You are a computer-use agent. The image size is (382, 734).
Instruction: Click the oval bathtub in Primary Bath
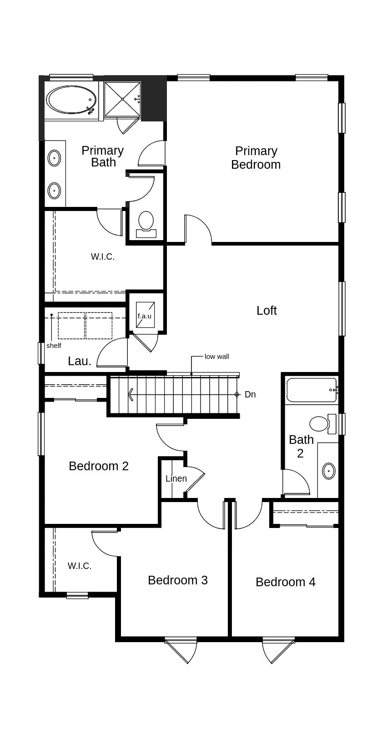point(72,100)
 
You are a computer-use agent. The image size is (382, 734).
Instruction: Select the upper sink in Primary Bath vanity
point(55,159)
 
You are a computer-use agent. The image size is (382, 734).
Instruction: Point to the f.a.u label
point(145,316)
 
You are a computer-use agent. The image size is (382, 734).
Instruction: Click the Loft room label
point(266,311)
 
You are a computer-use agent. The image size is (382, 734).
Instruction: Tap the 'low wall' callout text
point(217,357)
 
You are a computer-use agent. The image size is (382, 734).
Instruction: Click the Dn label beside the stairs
point(250,395)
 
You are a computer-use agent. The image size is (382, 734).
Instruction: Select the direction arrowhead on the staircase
point(131,394)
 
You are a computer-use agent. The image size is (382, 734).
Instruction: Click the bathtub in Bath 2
point(311,390)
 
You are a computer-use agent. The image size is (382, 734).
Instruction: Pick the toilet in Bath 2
point(320,424)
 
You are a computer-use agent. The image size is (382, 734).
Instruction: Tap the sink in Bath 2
point(329,471)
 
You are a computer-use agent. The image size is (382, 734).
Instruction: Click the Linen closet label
point(176,478)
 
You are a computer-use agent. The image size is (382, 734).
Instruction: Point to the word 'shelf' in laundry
point(54,346)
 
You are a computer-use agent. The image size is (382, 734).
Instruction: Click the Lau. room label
point(80,361)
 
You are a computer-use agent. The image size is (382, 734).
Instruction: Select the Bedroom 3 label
point(178,580)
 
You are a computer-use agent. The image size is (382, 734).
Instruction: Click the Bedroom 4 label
point(286,582)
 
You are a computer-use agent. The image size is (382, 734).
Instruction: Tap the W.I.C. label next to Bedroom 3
point(80,566)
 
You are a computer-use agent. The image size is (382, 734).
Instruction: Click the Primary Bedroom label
point(256,158)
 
